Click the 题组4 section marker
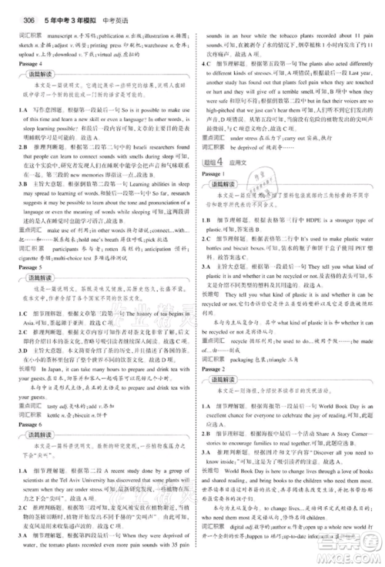[211, 160]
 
